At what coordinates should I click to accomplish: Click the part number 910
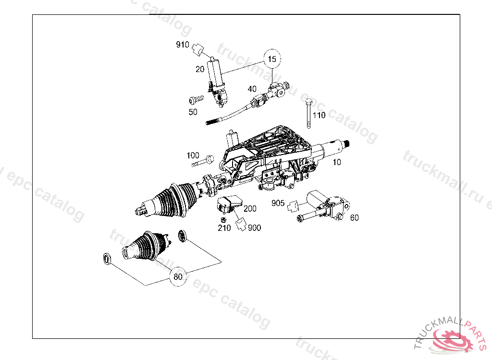183,45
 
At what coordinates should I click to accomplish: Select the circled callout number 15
272,60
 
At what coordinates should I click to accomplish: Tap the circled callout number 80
178,276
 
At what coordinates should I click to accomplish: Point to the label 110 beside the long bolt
319,115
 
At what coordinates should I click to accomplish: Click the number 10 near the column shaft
337,162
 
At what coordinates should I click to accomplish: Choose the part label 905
278,203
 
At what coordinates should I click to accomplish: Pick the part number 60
354,217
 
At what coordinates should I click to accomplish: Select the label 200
250,209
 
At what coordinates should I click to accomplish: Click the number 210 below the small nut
224,228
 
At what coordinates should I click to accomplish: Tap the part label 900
255,228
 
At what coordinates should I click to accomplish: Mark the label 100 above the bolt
193,155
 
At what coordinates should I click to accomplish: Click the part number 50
193,112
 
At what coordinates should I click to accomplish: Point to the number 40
252,89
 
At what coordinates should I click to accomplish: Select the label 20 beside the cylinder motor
200,69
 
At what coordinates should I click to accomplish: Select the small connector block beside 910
198,48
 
